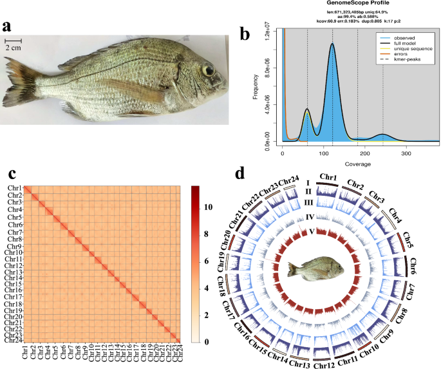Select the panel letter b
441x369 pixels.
click(x=245, y=34)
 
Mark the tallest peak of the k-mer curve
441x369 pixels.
click(x=332, y=44)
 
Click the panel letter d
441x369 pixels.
click(x=239, y=173)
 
